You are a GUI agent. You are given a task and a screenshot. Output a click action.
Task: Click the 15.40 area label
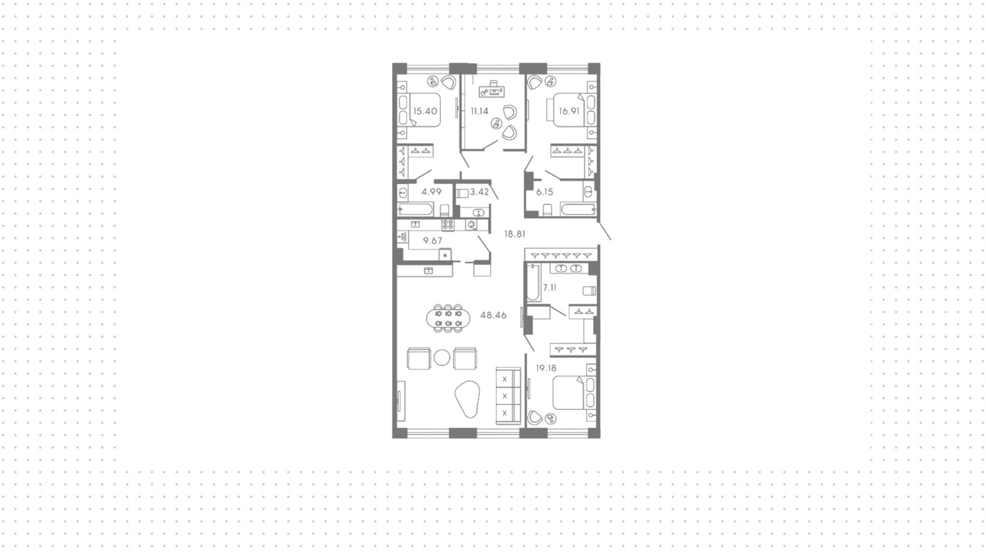(x=425, y=111)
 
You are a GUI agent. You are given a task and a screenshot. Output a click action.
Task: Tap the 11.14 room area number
(x=480, y=111)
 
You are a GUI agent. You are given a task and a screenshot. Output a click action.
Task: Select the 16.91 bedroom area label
(x=569, y=111)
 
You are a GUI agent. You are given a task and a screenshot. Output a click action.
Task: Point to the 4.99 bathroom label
(x=431, y=192)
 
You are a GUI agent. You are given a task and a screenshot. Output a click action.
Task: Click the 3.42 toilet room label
(x=479, y=192)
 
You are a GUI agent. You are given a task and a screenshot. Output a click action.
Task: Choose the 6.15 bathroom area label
(x=544, y=192)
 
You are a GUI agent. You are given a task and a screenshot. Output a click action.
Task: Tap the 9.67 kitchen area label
(x=432, y=241)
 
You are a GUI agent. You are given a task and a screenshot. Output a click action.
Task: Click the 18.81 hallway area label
(x=515, y=234)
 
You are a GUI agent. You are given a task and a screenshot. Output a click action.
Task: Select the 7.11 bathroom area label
(x=549, y=288)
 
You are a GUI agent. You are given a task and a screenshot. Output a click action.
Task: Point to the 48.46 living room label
(x=493, y=316)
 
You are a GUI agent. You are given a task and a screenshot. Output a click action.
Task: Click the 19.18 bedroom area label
(x=546, y=368)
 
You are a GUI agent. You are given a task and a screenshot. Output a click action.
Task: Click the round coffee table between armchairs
(x=442, y=358)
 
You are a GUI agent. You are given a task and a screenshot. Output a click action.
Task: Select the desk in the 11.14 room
(x=492, y=91)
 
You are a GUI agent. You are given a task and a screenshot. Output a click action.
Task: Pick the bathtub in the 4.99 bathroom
(x=416, y=210)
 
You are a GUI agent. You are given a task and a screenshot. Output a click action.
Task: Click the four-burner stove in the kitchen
(x=448, y=225)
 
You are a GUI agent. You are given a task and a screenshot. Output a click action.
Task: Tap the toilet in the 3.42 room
(x=462, y=193)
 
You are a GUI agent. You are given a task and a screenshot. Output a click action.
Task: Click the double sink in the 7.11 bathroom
(x=569, y=268)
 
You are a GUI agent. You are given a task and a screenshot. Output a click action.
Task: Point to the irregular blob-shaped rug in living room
(x=468, y=398)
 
